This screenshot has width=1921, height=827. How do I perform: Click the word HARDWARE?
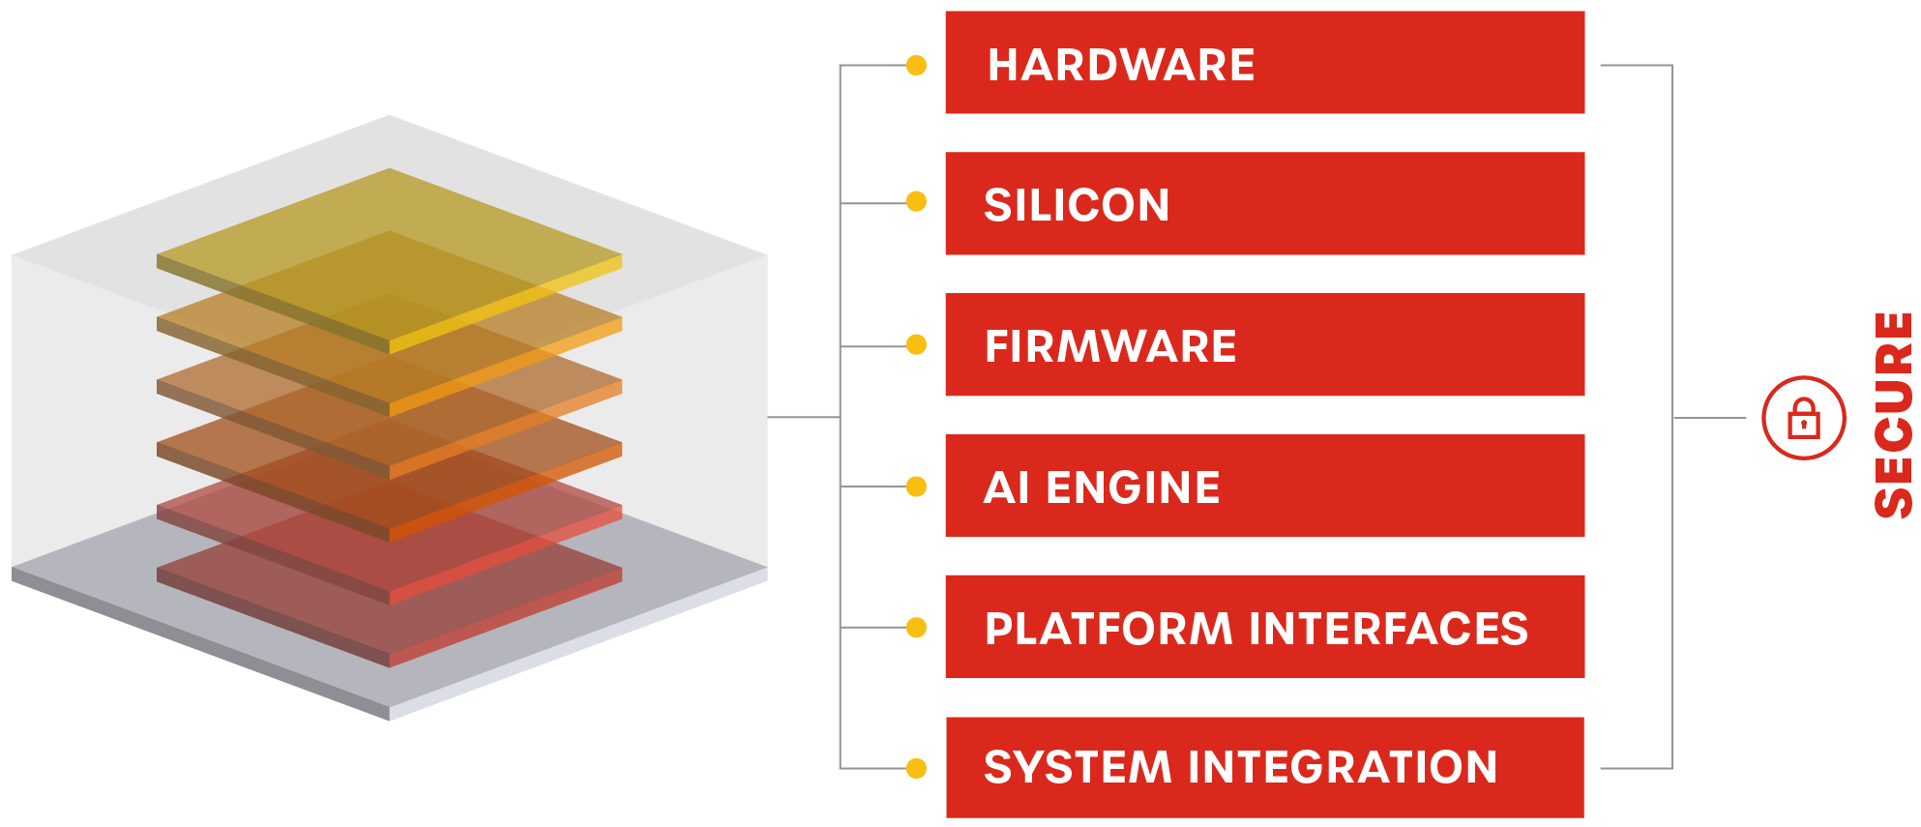coord(1120,66)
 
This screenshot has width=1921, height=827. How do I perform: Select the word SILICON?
coord(1077,205)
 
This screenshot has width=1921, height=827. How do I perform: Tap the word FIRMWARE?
coord(1110,346)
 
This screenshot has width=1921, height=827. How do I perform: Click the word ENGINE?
coord(1133,487)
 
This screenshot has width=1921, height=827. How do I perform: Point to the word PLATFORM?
coord(1108,629)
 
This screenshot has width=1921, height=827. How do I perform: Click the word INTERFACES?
coord(1389,629)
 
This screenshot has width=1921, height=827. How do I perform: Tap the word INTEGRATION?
coord(1343,768)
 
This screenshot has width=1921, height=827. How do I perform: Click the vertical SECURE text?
coord(1893,416)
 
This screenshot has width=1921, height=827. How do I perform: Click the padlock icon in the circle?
coord(1804,419)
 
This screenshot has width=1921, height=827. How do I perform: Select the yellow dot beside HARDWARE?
coord(916,66)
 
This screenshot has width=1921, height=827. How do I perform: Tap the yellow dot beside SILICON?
coord(916,202)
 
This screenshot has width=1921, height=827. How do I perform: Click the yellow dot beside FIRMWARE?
coord(916,345)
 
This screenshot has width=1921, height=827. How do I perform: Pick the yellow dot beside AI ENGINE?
coord(916,487)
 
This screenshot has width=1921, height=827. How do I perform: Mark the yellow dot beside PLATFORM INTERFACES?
coord(916,628)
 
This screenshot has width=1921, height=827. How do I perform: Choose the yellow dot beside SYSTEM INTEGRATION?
coord(916,769)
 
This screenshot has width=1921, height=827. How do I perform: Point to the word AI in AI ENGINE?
coord(1006,487)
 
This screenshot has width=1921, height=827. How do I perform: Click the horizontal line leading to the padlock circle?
coord(1709,418)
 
